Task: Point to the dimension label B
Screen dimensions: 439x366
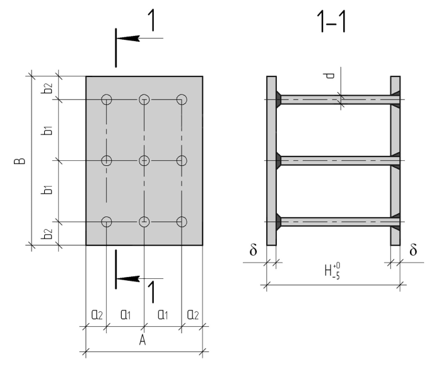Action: [20, 161]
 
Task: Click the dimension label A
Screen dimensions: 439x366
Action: [143, 340]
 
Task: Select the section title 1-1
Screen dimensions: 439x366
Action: [332, 21]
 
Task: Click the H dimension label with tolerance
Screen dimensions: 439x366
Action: [332, 271]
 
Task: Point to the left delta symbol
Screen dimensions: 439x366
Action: [253, 249]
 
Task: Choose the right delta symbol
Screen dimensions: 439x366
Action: [413, 249]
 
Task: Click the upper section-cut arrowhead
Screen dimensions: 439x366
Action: [128, 38]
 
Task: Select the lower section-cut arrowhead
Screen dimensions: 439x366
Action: [128, 279]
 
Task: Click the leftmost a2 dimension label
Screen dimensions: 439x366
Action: [97, 315]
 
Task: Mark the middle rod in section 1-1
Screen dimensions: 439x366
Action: [339, 161]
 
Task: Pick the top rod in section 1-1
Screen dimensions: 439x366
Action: [339, 100]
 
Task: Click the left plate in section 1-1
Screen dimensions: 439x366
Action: [271, 161]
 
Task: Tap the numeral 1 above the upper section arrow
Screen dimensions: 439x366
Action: [151, 20]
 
